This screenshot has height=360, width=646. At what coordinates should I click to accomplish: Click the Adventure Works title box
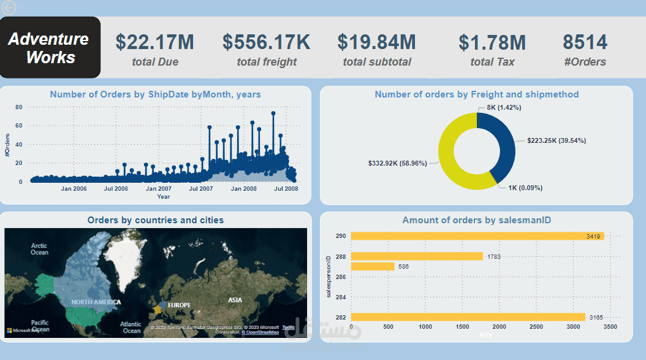click(50, 48)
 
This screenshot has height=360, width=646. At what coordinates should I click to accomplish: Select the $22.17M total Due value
click(154, 42)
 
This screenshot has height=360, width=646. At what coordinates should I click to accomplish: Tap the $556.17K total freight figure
click(266, 42)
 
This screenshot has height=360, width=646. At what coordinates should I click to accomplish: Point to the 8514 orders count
click(585, 42)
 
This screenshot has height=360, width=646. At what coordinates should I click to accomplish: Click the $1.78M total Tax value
click(492, 43)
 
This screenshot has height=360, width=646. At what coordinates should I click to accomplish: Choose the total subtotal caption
click(376, 62)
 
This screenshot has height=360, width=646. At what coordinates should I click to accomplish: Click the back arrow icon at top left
click(9, 7)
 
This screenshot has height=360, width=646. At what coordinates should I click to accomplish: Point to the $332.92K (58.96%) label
click(397, 164)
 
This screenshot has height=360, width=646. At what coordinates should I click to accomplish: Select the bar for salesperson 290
click(477, 236)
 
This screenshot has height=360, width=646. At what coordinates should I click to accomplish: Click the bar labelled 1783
click(417, 256)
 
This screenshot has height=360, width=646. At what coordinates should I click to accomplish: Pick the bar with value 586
click(373, 267)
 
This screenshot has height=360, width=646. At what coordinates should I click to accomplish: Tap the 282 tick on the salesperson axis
click(341, 317)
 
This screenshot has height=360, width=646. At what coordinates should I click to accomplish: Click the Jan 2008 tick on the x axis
click(243, 189)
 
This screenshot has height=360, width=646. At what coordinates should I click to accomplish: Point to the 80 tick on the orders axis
click(18, 107)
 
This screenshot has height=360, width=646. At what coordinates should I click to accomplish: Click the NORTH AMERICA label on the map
click(96, 302)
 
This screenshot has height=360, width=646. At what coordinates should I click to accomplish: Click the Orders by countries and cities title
click(156, 220)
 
